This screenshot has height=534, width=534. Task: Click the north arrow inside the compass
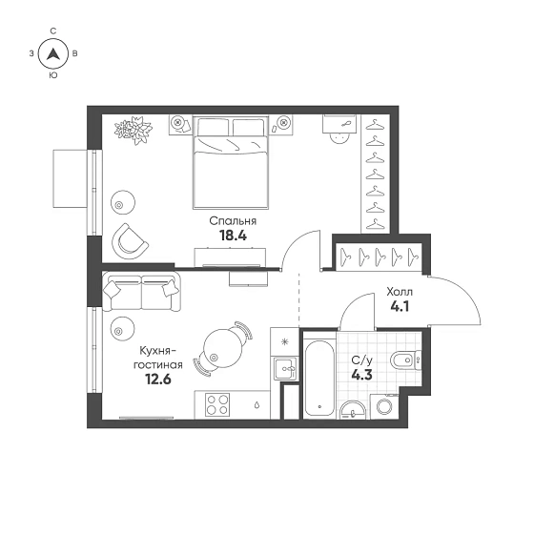[x=53, y=53]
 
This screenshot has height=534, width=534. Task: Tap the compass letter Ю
[x=53, y=75]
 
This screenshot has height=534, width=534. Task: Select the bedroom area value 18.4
[x=233, y=236]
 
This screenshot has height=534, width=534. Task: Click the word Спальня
[x=233, y=221]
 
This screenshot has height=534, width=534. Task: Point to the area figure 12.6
[x=158, y=379]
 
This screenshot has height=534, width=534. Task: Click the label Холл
[x=400, y=292]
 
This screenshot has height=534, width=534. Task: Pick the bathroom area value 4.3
[x=361, y=376]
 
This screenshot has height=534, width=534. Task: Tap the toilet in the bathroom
[x=405, y=359]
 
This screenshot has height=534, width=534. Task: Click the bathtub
[x=319, y=377]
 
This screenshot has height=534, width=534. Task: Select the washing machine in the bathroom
[x=384, y=406]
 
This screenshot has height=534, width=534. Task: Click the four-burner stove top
[x=217, y=404]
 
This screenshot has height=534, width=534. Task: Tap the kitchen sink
[x=285, y=368]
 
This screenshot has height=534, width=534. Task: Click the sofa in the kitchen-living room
[x=141, y=292]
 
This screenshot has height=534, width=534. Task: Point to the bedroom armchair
[x=130, y=240]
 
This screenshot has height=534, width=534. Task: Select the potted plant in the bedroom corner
[x=133, y=130]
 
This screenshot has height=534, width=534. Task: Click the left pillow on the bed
[x=214, y=128]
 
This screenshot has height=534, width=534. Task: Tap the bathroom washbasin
[x=353, y=410]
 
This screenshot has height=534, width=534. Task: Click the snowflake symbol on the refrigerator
[x=285, y=341]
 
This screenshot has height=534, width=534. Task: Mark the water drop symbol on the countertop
[x=257, y=405]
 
